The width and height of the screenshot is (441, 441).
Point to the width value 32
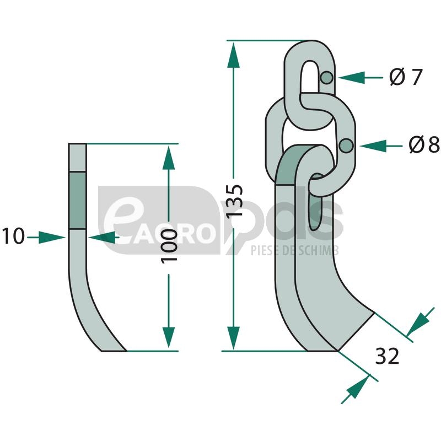click(x=387, y=357)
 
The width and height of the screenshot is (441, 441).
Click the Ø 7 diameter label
click(x=405, y=77)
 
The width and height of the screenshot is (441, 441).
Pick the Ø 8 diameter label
click(x=424, y=146)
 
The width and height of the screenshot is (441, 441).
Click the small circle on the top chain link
click(x=327, y=78)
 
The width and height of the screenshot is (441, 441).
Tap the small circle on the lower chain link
click(x=347, y=146)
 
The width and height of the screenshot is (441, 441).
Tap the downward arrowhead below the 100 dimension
click(x=169, y=337)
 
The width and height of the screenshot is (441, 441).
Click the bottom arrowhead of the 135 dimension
click(x=234, y=337)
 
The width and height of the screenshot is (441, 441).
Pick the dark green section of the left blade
click(x=77, y=200)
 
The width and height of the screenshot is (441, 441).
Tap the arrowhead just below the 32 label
click(x=355, y=388)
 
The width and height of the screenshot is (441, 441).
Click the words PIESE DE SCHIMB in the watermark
click(x=294, y=251)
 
